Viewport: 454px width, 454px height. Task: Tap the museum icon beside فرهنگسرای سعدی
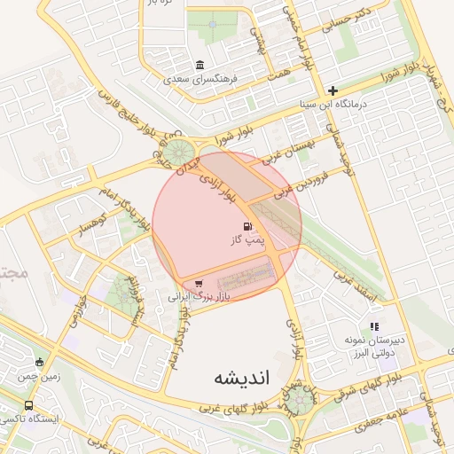(x=199, y=66)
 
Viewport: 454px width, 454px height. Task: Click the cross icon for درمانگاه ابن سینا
(x=333, y=90)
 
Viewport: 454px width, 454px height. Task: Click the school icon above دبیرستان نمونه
(x=374, y=327)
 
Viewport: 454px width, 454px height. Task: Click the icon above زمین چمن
(x=38, y=362)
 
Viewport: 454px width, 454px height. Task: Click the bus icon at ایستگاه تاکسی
(x=28, y=405)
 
